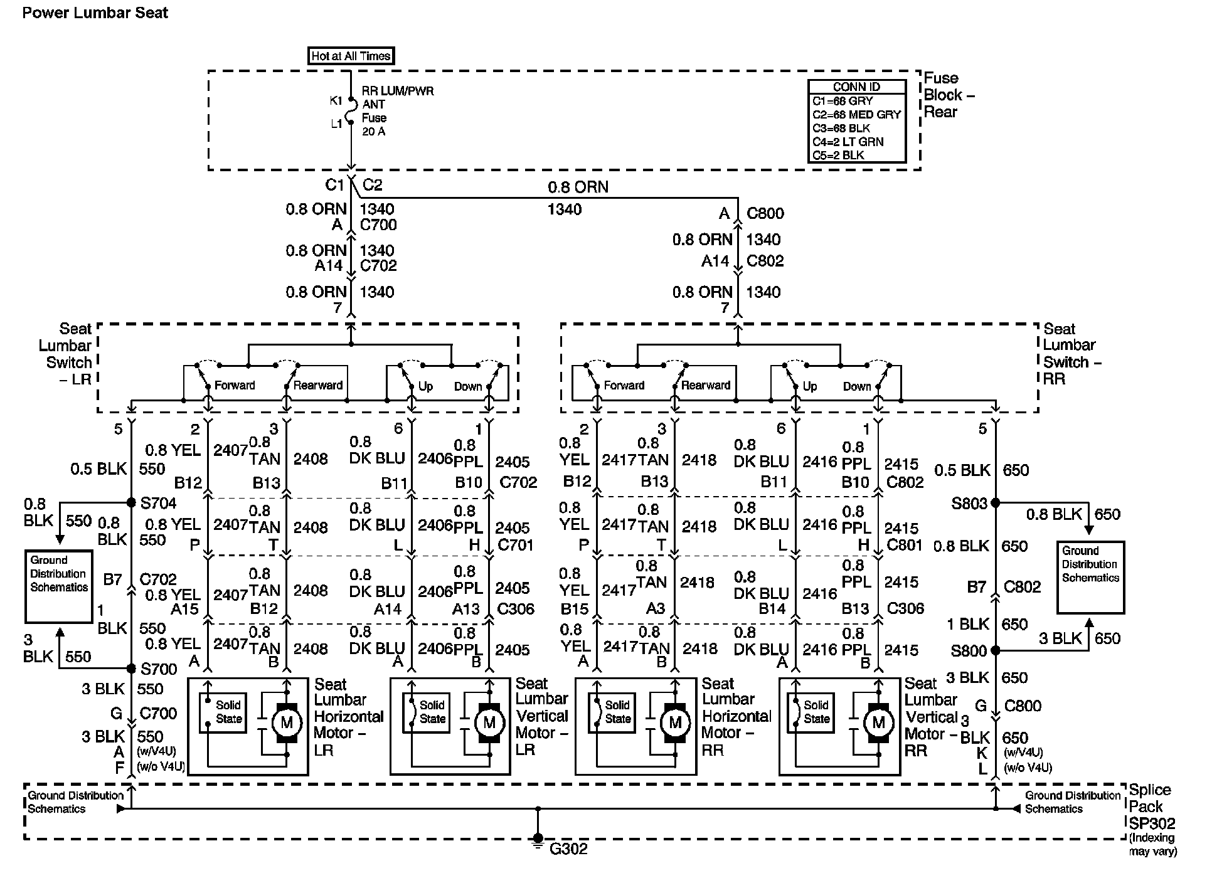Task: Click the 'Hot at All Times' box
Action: click(x=351, y=56)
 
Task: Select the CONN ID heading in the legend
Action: click(x=856, y=87)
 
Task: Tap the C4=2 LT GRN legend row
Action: click(x=848, y=142)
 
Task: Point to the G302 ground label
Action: click(x=568, y=849)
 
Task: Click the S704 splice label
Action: click(x=158, y=503)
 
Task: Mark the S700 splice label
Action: click(x=158, y=669)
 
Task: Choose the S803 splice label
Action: click(x=969, y=503)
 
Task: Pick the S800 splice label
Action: click(x=969, y=651)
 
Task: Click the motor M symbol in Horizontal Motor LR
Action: click(x=287, y=723)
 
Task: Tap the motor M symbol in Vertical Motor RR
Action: click(x=878, y=723)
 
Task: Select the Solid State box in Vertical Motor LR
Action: click(x=432, y=712)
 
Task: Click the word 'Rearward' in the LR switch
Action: click(x=317, y=385)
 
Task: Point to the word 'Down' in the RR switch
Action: click(x=856, y=386)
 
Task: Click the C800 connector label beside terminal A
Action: click(x=765, y=213)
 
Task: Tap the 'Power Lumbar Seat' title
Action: click(x=95, y=13)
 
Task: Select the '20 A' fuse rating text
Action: click(x=373, y=132)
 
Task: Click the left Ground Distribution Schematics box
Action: click(x=59, y=586)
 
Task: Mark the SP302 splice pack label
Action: click(x=1152, y=823)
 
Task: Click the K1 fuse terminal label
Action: click(x=336, y=100)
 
